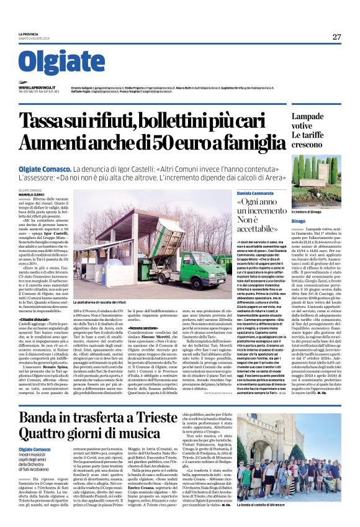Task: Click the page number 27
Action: (x=336, y=37)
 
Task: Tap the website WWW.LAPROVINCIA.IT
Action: (x=37, y=88)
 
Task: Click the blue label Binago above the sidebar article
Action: (x=300, y=221)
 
